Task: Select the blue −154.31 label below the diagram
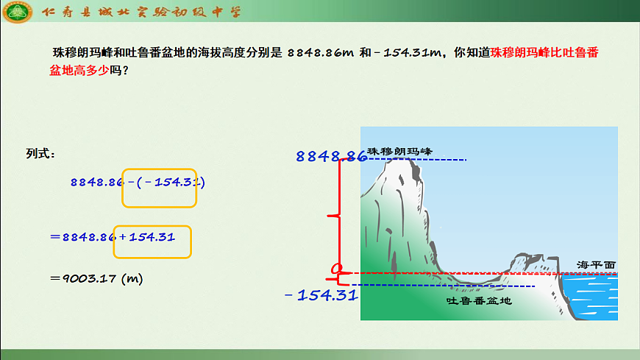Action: (x=321, y=295)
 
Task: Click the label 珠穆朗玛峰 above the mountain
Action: (x=400, y=151)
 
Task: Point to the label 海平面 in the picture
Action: (x=596, y=264)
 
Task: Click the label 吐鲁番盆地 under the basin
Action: (x=479, y=300)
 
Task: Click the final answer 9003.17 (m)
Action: (x=96, y=278)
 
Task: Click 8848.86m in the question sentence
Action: (x=321, y=53)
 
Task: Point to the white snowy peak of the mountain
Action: (x=403, y=173)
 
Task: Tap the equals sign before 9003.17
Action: (x=54, y=278)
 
